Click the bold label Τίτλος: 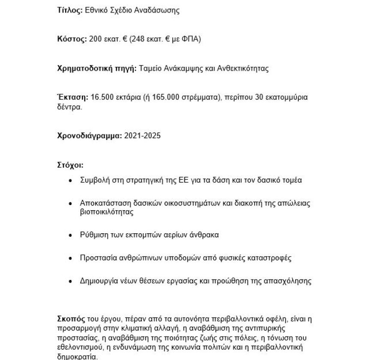coord(69,11)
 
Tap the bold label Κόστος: coord(72,39)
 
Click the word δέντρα coord(69,107)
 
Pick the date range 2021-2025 coord(142,136)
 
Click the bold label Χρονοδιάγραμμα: coord(90,136)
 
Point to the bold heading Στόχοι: coord(70,165)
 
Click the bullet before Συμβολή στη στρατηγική coord(71,181)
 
